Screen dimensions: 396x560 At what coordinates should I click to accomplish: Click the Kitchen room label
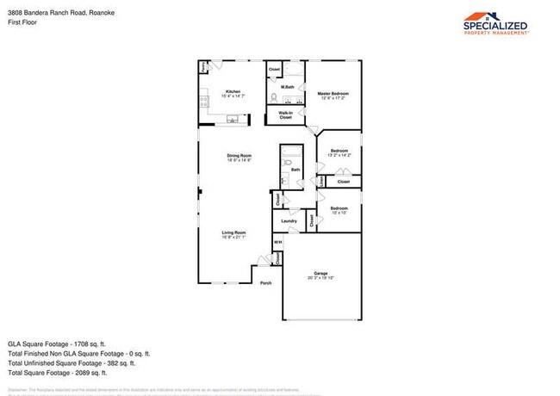coord(233,91)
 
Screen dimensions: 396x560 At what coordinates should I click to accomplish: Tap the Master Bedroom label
coord(333,93)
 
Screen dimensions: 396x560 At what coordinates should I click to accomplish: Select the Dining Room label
coord(238,156)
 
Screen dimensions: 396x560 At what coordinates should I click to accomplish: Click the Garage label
coord(320,274)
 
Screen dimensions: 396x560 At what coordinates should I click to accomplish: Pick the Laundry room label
coord(289,220)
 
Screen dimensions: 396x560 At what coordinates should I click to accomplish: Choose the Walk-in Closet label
coord(285,114)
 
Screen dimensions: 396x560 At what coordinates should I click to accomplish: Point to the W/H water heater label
coord(277,242)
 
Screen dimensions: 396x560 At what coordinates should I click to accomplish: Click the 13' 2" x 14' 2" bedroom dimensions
coord(339,155)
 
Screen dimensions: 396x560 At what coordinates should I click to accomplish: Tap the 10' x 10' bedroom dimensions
coord(339,212)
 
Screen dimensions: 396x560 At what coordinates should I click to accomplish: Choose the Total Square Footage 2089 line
coord(57,373)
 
